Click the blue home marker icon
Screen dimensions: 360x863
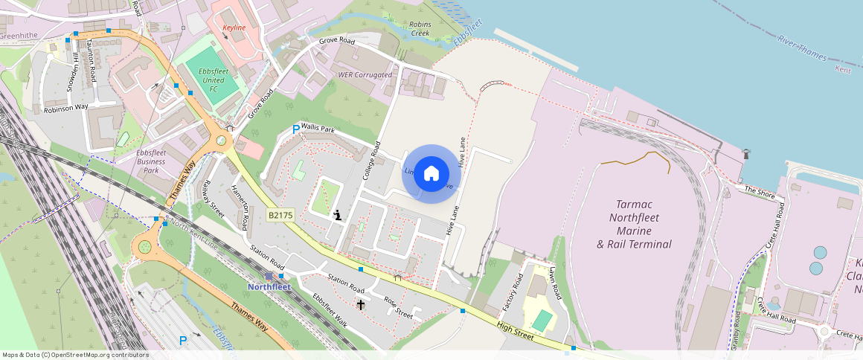pos(431,174)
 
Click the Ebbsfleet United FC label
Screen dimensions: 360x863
pos(212,80)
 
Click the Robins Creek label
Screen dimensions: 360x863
pos(420,29)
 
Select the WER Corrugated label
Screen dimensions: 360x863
pos(365,75)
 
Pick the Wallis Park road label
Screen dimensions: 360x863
pos(318,129)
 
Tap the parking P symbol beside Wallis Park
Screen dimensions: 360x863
pos(295,129)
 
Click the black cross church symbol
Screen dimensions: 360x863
pos(361,304)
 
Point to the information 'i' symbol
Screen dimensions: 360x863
pos(338,215)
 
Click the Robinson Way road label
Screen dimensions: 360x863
pos(66,108)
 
